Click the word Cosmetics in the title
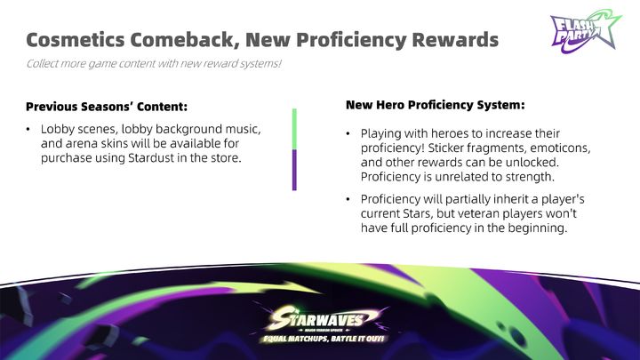76,40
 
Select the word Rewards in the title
455,40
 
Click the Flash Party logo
585,32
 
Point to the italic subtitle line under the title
154,64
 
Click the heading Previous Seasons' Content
107,107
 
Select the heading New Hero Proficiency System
435,105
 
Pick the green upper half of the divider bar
294,129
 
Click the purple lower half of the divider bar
294,170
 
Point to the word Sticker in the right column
445,148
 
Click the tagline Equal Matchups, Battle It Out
324,339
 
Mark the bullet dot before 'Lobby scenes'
28,130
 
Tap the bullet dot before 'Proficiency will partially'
348,199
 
